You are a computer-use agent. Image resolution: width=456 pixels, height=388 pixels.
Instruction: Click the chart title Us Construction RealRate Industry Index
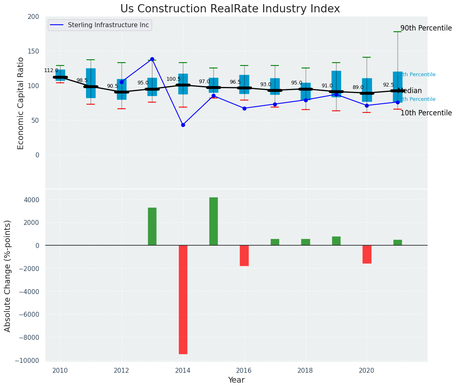[x=230, y=9]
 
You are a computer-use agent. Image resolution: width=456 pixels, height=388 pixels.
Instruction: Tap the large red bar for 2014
[x=183, y=299]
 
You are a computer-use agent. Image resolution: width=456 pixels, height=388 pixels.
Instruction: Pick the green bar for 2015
[x=213, y=221]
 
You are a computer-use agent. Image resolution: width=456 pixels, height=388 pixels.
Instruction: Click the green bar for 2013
[x=152, y=227]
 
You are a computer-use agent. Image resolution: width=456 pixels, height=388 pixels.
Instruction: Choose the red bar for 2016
[x=244, y=255]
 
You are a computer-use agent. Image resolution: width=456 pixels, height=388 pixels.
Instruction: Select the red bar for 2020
[x=367, y=254]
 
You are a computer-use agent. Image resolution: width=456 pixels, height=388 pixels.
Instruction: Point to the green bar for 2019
[x=336, y=241]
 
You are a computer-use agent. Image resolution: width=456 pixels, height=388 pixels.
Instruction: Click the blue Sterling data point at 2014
[x=183, y=125]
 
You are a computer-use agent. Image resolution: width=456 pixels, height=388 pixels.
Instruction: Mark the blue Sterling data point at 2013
[x=152, y=59]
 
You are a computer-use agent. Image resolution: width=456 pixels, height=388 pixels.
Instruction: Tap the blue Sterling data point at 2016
[x=244, y=108]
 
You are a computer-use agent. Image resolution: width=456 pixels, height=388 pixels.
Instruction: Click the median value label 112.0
[x=51, y=70]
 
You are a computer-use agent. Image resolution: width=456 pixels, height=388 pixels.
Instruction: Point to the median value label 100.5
[x=173, y=79]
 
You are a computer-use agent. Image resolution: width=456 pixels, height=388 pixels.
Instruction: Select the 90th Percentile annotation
[x=426, y=28]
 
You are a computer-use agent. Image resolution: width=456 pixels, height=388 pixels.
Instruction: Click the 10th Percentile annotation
[x=426, y=113]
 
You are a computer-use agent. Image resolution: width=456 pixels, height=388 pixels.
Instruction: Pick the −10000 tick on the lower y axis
[x=28, y=360]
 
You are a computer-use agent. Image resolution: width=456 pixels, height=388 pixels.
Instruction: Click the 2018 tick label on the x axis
[x=305, y=370]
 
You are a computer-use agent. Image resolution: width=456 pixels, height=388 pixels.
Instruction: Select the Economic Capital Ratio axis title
[x=21, y=103]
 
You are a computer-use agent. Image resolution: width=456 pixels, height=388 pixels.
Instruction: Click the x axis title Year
[x=236, y=380]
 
